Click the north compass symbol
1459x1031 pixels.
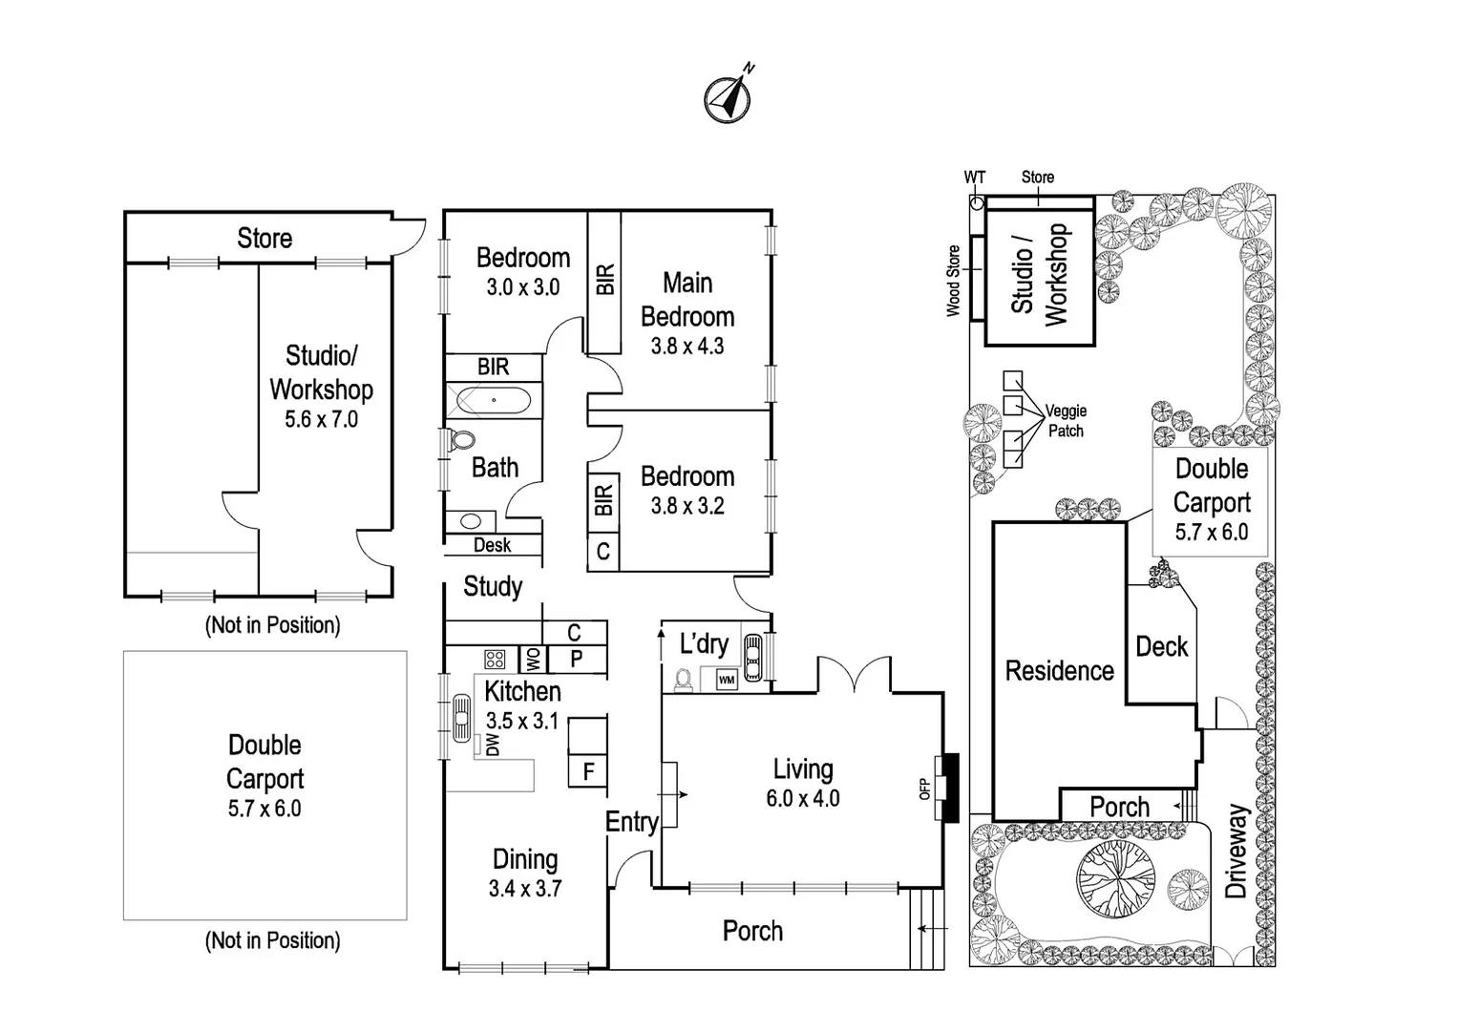728,98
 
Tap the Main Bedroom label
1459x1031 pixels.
687,300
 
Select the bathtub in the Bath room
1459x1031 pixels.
493,400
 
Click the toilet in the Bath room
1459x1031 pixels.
462,440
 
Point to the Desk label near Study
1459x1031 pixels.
492,545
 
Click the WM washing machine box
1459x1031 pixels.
727,681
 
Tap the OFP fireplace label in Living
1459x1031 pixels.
924,789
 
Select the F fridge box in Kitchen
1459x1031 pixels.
588,771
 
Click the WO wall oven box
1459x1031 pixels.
532,659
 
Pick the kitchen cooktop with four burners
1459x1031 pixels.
495,659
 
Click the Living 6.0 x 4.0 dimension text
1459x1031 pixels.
803,799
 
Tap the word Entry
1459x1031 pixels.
631,822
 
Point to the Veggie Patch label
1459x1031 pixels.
1066,421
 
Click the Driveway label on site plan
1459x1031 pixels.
1237,852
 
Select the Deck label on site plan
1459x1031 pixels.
1161,647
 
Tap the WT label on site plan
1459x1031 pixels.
974,178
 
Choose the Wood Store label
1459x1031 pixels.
953,281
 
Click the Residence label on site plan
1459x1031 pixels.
1059,671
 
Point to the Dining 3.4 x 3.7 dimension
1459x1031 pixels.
525,889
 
